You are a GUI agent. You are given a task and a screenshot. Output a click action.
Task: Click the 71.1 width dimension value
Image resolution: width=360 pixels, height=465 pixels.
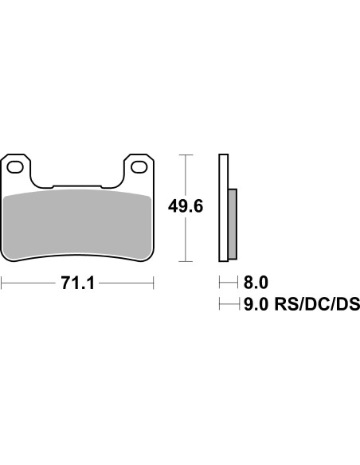tap(78, 283)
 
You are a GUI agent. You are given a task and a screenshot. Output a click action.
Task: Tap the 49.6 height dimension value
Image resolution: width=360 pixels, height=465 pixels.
tap(185, 206)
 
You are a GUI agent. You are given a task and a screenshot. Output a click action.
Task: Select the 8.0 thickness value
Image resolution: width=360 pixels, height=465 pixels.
tap(256, 282)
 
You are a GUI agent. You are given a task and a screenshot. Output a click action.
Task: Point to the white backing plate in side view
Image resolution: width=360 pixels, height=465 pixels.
tap(224, 207)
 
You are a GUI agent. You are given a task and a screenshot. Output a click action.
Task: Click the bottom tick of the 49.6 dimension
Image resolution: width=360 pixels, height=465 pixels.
tap(185, 261)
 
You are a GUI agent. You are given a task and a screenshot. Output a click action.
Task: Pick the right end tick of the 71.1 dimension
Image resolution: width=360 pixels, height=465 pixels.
tap(154, 283)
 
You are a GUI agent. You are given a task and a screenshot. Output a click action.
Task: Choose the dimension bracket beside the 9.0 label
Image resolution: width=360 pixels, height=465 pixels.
tap(227, 303)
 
